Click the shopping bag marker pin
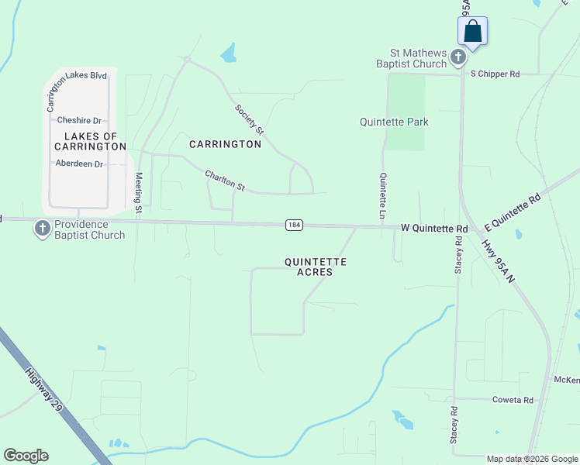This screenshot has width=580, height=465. click(x=473, y=32)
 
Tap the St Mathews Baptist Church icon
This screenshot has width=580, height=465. click(x=458, y=57)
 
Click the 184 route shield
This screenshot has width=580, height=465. click(x=293, y=225)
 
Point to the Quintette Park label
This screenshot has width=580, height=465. click(x=394, y=122)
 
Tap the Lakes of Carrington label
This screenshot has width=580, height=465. click(x=90, y=141)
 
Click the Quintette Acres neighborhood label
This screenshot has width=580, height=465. click(x=315, y=267)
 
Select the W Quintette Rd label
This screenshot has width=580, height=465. click(x=434, y=229)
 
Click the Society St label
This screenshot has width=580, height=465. click(x=250, y=118)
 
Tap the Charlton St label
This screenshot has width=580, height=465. click(x=225, y=181)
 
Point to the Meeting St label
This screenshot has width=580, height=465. click(x=140, y=192)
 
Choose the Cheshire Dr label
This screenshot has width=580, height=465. click(x=79, y=121)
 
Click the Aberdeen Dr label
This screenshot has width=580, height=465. click(x=79, y=164)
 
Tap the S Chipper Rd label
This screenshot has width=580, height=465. click(x=495, y=74)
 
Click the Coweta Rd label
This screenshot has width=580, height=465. click(x=513, y=400)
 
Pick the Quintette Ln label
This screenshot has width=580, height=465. click(x=382, y=195)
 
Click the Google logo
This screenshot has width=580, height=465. click(x=26, y=456)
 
